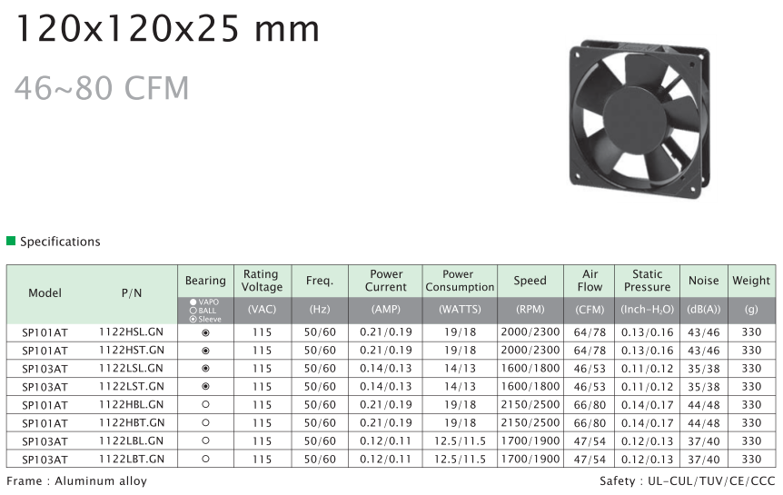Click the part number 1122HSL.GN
click(x=132, y=332)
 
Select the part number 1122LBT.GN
click(x=132, y=459)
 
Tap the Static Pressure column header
click(x=647, y=281)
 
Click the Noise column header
click(x=704, y=281)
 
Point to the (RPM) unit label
click(x=530, y=310)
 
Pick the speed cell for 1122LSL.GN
click(x=530, y=369)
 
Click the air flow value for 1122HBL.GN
click(x=590, y=404)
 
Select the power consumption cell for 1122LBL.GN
click(x=460, y=441)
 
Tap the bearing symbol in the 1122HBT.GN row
click(x=205, y=422)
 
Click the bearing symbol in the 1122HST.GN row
click(x=205, y=351)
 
